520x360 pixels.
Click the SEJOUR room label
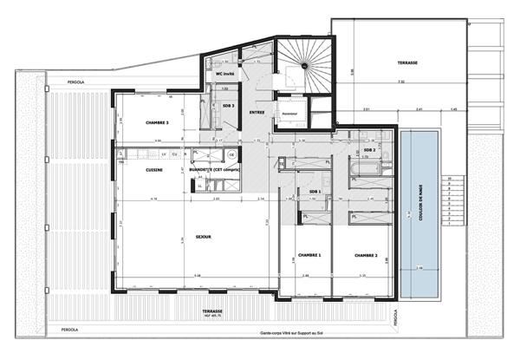tap(204, 234)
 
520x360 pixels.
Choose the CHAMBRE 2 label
tap(366, 255)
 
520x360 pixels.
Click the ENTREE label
tap(257, 111)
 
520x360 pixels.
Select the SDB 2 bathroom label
tap(369, 149)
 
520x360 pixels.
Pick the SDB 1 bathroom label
tap(315, 191)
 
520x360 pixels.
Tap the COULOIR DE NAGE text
tap(420, 201)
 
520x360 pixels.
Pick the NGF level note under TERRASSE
tap(214, 315)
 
